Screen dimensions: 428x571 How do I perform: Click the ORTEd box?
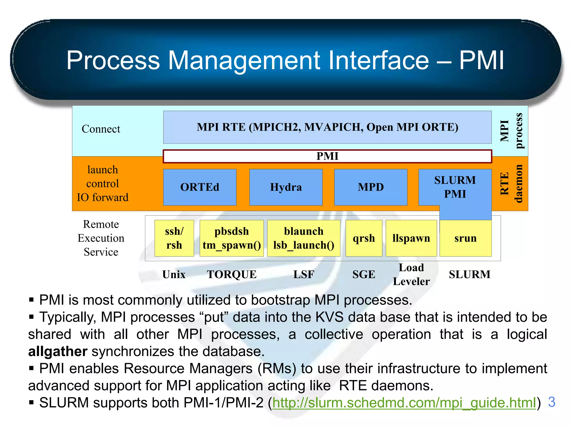(x=200, y=187)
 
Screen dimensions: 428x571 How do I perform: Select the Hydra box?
(x=286, y=187)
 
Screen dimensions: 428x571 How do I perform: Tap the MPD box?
(x=371, y=187)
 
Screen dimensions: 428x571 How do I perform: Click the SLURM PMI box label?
(x=455, y=187)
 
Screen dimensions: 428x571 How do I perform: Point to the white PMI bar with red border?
(x=327, y=156)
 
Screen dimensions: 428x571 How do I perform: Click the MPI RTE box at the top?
(x=327, y=127)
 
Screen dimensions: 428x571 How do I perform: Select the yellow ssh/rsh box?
(x=174, y=238)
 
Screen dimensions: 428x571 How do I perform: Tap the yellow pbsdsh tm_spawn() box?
(x=232, y=238)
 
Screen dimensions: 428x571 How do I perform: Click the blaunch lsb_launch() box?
(x=304, y=238)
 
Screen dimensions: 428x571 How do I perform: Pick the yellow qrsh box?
(x=364, y=238)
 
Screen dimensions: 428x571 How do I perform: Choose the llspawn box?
(x=411, y=238)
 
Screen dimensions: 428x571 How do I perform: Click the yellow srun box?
(x=465, y=239)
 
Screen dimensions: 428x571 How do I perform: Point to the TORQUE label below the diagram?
(x=232, y=274)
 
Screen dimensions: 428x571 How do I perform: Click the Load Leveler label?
(x=411, y=274)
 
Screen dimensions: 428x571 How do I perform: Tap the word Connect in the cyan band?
(x=101, y=129)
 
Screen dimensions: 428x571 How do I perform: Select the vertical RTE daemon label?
(x=511, y=184)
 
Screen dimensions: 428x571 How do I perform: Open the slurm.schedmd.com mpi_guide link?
(x=404, y=403)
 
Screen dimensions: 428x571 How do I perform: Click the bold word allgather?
(x=58, y=351)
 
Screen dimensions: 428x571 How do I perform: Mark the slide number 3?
(x=551, y=402)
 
